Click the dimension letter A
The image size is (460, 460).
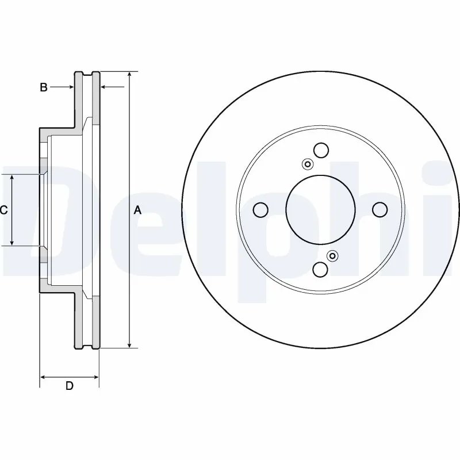point(137,210)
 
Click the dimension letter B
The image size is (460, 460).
point(43,87)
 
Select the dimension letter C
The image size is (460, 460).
point(3,210)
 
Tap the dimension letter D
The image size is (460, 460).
point(69,386)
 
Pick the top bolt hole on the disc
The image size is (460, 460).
point(320,149)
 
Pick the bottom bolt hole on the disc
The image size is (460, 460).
point(320,270)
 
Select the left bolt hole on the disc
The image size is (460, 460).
point(260,210)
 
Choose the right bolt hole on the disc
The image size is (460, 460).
point(379,209)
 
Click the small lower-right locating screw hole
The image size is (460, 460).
point(332,255)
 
